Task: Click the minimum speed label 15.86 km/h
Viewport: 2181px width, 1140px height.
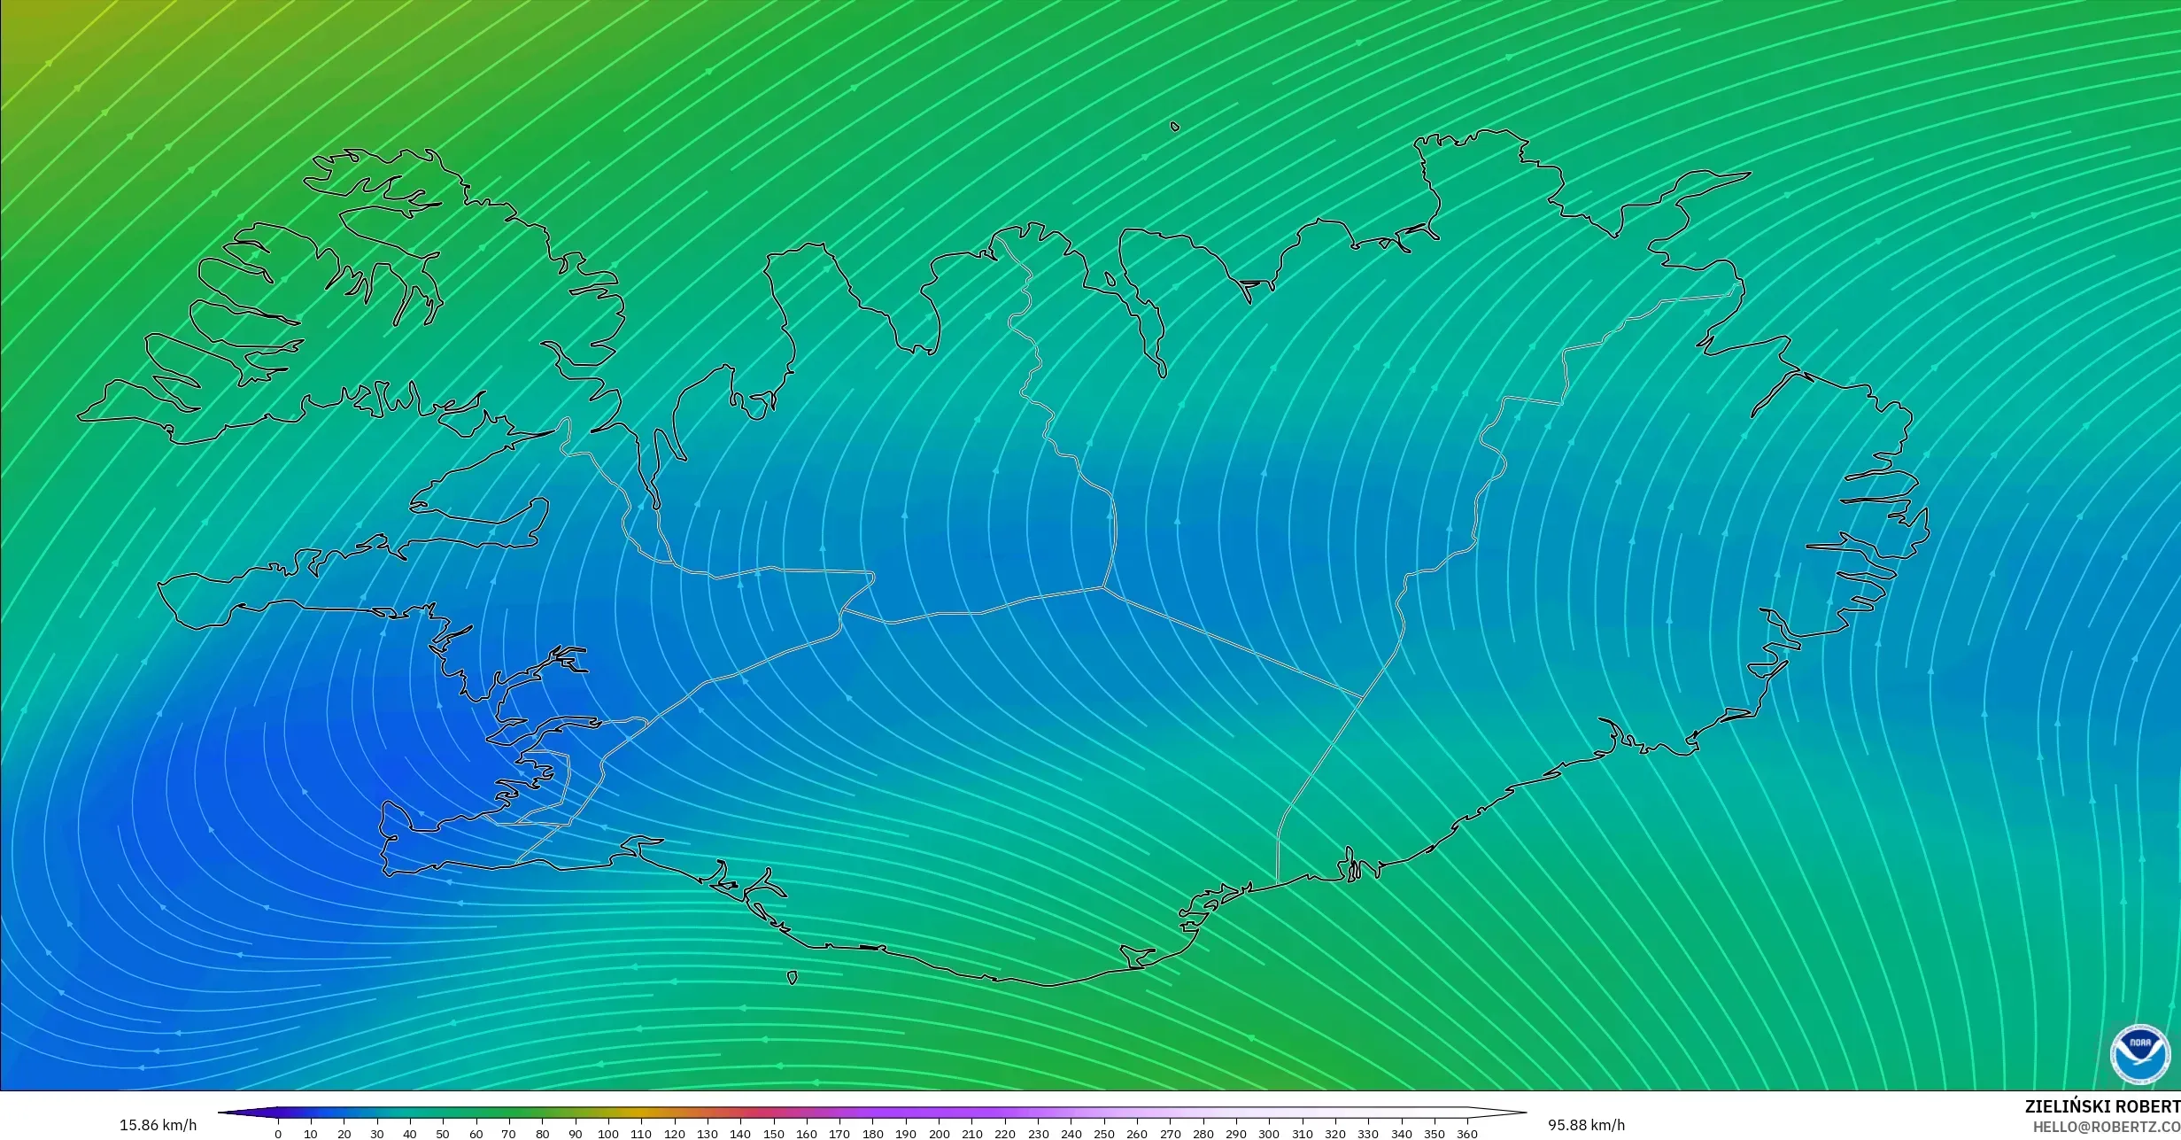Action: coord(158,1126)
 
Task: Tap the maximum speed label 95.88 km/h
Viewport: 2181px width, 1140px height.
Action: coord(1586,1126)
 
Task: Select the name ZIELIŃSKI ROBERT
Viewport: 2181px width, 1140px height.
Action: coord(2102,1106)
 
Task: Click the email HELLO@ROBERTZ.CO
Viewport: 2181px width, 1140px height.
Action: coord(2106,1127)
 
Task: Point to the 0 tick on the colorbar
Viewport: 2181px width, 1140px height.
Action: coord(278,1134)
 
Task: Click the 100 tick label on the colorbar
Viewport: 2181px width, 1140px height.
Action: coord(607,1134)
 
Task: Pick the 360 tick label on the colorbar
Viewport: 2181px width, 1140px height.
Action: coord(1466,1134)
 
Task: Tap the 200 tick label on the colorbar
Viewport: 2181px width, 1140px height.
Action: coord(939,1134)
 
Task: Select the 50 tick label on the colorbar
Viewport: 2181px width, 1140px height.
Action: coord(443,1134)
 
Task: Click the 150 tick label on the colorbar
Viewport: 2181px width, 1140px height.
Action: coord(773,1134)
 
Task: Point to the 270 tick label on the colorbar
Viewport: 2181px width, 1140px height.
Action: coord(1170,1134)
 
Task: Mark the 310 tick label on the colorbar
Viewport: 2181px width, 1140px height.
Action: coord(1302,1134)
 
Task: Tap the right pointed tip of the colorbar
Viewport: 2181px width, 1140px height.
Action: coord(1525,1113)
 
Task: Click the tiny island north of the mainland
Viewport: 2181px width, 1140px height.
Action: coord(1175,127)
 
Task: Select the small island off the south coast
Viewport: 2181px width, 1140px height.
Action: coord(792,978)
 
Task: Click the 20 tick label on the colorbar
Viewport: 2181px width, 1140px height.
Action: coord(344,1134)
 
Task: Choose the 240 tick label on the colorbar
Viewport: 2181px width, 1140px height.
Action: coord(1071,1134)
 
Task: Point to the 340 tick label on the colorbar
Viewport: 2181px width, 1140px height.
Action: coord(1401,1134)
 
